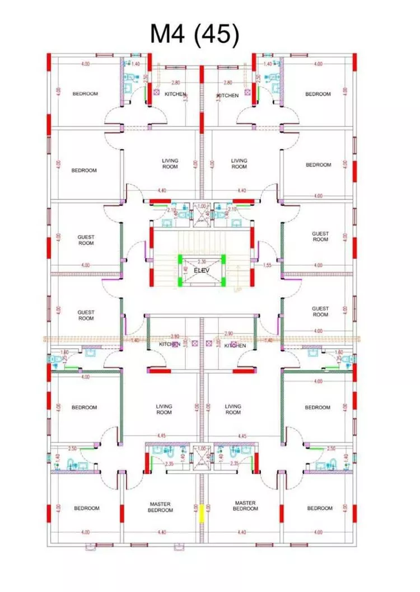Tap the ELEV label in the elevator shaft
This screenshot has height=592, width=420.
[x=202, y=270]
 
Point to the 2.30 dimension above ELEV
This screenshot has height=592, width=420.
[x=202, y=261]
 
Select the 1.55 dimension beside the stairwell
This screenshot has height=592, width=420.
[x=267, y=265]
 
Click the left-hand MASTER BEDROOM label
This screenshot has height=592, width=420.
[x=160, y=506]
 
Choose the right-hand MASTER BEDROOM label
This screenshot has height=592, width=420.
[x=245, y=506]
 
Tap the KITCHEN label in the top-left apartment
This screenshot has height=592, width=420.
[x=175, y=95]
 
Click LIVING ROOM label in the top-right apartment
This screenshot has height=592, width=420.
[x=239, y=163]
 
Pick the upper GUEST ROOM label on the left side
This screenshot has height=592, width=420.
[x=86, y=240]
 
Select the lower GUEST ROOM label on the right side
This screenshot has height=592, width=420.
[x=320, y=311]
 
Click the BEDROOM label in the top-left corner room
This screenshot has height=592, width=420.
[x=85, y=94]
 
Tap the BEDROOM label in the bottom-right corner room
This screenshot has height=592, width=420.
[x=320, y=508]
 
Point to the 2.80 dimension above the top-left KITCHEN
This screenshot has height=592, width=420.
[x=176, y=83]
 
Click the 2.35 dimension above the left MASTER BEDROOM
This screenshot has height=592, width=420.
[x=169, y=463]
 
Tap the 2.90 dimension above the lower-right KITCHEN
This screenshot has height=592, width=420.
[x=228, y=333]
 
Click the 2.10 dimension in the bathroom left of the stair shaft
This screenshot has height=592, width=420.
[x=172, y=209]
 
